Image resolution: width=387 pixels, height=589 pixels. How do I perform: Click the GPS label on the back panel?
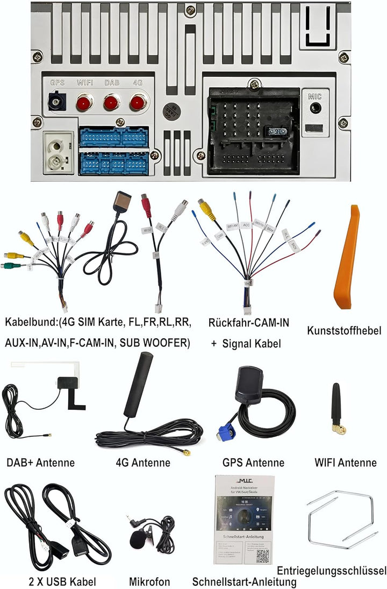[x=57, y=83]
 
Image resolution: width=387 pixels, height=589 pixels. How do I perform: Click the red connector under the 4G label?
[x=138, y=101]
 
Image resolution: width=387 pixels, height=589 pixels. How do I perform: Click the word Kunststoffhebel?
[x=344, y=330]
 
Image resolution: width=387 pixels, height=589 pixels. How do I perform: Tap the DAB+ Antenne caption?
[x=40, y=463]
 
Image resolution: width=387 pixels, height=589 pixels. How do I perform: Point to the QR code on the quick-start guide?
[x=262, y=556]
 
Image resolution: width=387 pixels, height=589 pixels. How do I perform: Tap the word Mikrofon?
[x=149, y=581]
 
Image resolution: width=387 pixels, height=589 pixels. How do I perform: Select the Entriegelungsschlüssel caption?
[x=332, y=570]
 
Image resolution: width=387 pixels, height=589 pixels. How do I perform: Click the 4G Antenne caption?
[x=143, y=463]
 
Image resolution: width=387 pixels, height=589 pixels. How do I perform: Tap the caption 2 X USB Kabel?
[x=56, y=581]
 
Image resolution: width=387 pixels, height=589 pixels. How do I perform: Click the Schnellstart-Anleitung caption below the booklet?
[x=245, y=582]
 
